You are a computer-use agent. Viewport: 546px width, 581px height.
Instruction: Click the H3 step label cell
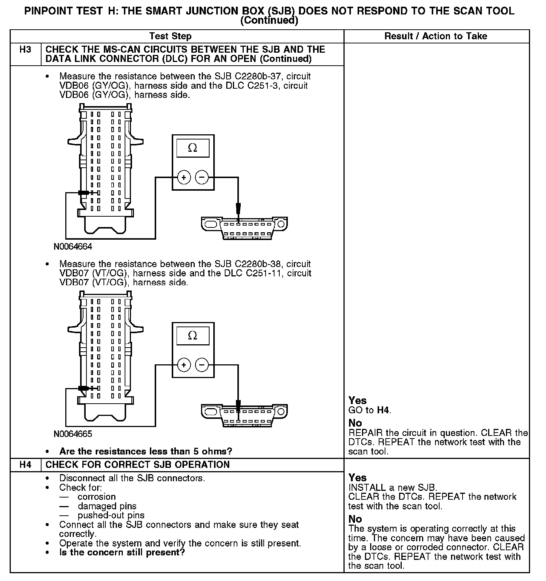(x=25, y=50)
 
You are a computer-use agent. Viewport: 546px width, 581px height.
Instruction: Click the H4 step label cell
(x=25, y=465)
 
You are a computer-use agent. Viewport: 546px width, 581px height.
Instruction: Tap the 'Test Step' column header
(x=170, y=36)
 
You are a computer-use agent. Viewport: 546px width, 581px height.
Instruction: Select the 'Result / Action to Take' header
(x=436, y=36)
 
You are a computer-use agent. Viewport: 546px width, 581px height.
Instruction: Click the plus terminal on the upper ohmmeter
(x=184, y=178)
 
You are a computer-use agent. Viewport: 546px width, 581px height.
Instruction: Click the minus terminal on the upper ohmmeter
(x=202, y=178)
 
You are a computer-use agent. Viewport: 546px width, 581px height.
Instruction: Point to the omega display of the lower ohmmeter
(x=193, y=336)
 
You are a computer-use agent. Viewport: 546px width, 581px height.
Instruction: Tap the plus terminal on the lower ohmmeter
(x=184, y=365)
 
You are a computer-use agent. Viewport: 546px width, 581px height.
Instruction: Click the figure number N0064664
(x=73, y=247)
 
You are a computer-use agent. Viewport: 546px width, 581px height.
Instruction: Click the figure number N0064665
(x=73, y=434)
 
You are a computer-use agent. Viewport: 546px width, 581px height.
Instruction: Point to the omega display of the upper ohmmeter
(x=193, y=148)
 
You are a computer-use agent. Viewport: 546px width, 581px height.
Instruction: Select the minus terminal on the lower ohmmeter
(x=202, y=365)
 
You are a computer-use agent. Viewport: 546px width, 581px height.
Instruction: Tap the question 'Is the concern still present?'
(x=122, y=553)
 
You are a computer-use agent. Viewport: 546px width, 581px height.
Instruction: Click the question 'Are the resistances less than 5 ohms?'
(x=146, y=452)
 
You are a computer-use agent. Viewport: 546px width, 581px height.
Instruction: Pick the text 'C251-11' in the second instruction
(x=265, y=273)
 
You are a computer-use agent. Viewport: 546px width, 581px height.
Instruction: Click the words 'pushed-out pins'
(x=111, y=516)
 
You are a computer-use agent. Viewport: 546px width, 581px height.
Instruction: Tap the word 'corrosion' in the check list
(x=97, y=497)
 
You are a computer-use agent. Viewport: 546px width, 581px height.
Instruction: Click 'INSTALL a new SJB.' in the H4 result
(x=393, y=488)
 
